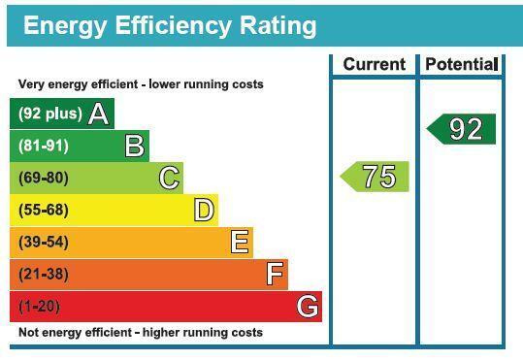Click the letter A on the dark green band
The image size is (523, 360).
click(99, 114)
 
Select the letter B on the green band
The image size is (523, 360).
click(135, 146)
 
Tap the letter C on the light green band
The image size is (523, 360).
click(170, 178)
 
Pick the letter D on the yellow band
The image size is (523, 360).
click(204, 210)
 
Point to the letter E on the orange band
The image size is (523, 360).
click(240, 242)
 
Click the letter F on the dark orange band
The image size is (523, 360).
click(276, 274)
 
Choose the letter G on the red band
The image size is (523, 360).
click(308, 306)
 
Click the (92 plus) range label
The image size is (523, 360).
click(50, 114)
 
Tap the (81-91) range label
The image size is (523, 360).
click(44, 146)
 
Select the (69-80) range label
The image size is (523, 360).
click(44, 178)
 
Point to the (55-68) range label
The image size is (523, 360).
click(44, 210)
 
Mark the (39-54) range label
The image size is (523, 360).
click(44, 242)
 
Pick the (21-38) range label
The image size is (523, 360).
click(44, 274)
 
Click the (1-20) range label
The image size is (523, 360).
click(40, 307)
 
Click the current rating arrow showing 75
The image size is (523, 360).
click(375, 177)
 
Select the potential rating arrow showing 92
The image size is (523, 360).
click(461, 129)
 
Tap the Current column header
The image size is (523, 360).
click(375, 64)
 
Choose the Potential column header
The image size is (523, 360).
click(462, 64)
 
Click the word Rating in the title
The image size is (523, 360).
click(278, 27)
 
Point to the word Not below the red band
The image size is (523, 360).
click(27, 332)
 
